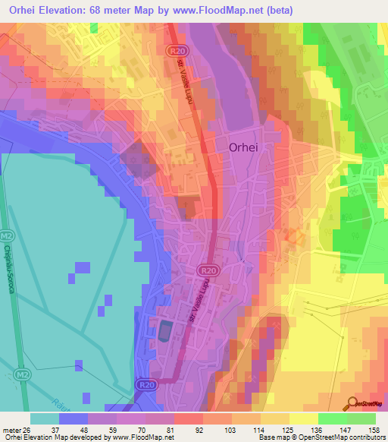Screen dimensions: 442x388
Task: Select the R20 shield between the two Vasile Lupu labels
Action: pyautogui.click(x=210, y=270)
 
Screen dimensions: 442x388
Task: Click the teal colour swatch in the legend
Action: pyautogui.click(x=45, y=418)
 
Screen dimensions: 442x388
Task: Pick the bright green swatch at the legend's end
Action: pyautogui.click(x=361, y=418)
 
